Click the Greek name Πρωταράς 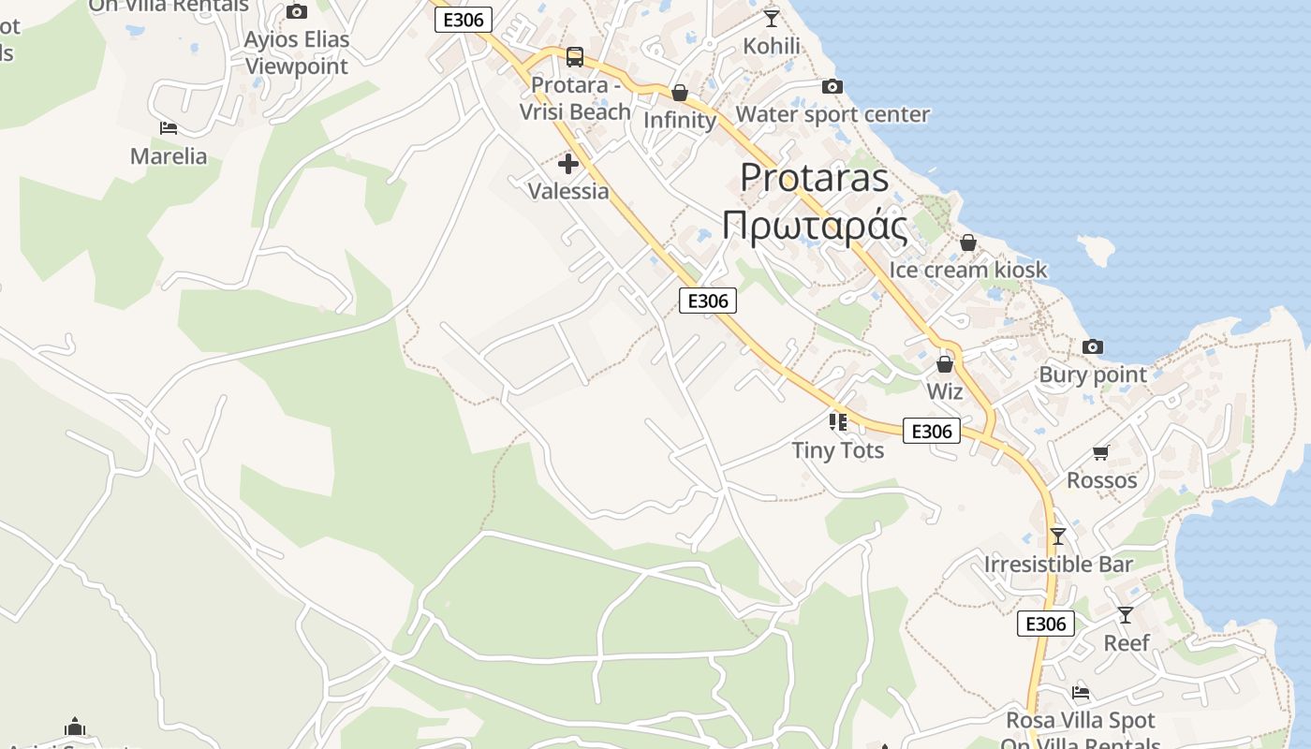pos(815,228)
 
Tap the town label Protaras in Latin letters pos(814,177)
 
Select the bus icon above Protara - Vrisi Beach pos(575,57)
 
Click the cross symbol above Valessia pos(568,164)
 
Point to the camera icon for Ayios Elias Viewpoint pos(297,11)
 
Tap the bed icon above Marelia pos(169,127)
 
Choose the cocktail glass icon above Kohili pos(772,18)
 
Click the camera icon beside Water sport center pos(832,87)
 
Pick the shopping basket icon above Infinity pos(680,93)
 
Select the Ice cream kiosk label pos(968,271)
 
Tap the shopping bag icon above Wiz pos(945,364)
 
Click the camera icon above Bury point pos(1092,347)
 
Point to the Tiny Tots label pos(838,450)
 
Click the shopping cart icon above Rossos pos(1101,453)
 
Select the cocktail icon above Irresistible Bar pos(1058,536)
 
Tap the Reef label pos(1127,643)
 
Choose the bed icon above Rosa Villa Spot pos(1081,694)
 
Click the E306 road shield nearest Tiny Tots pos(932,431)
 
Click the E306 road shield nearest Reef pos(1046,624)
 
